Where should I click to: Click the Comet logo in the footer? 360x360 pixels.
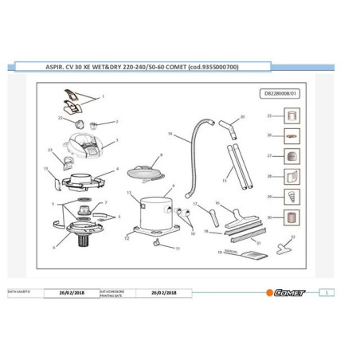pyautogui.click(x=287, y=292)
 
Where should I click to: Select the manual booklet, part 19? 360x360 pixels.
pyautogui.click(x=254, y=255)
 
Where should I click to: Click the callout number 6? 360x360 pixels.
pyautogui.click(x=54, y=247)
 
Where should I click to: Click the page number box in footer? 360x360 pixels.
pyautogui.click(x=329, y=292)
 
